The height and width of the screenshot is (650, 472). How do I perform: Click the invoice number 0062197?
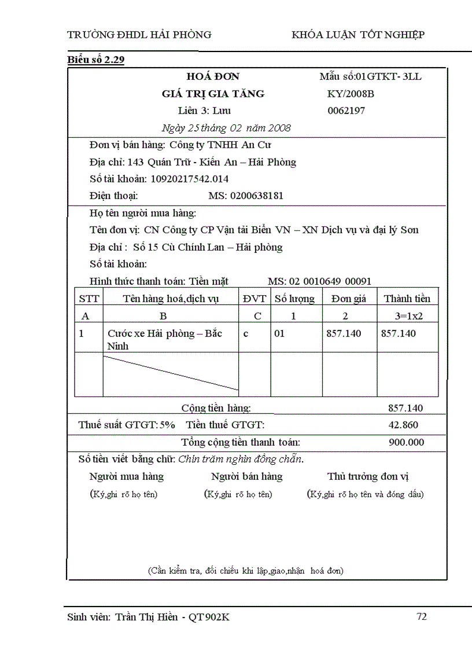coord(346,111)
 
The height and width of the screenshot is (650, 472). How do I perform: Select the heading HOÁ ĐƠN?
coord(212,76)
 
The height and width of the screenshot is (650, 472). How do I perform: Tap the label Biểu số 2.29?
coord(95,60)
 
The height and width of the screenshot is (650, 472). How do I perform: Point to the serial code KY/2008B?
coord(351,94)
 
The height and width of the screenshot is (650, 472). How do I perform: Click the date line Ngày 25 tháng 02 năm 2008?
coord(226,128)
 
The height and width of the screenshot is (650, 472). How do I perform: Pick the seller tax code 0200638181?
coord(257,196)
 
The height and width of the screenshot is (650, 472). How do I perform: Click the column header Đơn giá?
coord(349,299)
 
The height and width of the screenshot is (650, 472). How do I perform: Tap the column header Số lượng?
coord(294,299)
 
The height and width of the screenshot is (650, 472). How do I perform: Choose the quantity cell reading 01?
coord(279,334)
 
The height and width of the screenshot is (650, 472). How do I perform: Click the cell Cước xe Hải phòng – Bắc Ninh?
coord(164,340)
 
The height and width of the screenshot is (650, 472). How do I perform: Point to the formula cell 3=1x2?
coord(409,316)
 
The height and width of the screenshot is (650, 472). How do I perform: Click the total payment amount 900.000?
coord(406,443)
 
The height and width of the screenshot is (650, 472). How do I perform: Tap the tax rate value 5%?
coord(168,425)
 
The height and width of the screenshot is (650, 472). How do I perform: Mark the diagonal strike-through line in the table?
coord(171,373)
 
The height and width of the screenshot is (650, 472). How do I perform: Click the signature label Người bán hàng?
coord(247,477)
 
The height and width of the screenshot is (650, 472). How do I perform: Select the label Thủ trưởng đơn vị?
coord(368,477)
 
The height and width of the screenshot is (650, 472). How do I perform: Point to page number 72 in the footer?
coord(422,616)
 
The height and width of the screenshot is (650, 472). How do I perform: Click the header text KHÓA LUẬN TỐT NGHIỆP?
coord(358,35)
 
